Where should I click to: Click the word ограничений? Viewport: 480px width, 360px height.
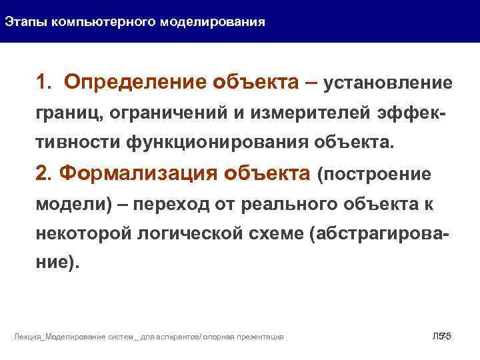[173, 113]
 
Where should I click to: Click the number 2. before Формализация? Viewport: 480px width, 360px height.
[45, 174]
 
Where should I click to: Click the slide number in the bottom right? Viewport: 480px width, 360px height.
[442, 336]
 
